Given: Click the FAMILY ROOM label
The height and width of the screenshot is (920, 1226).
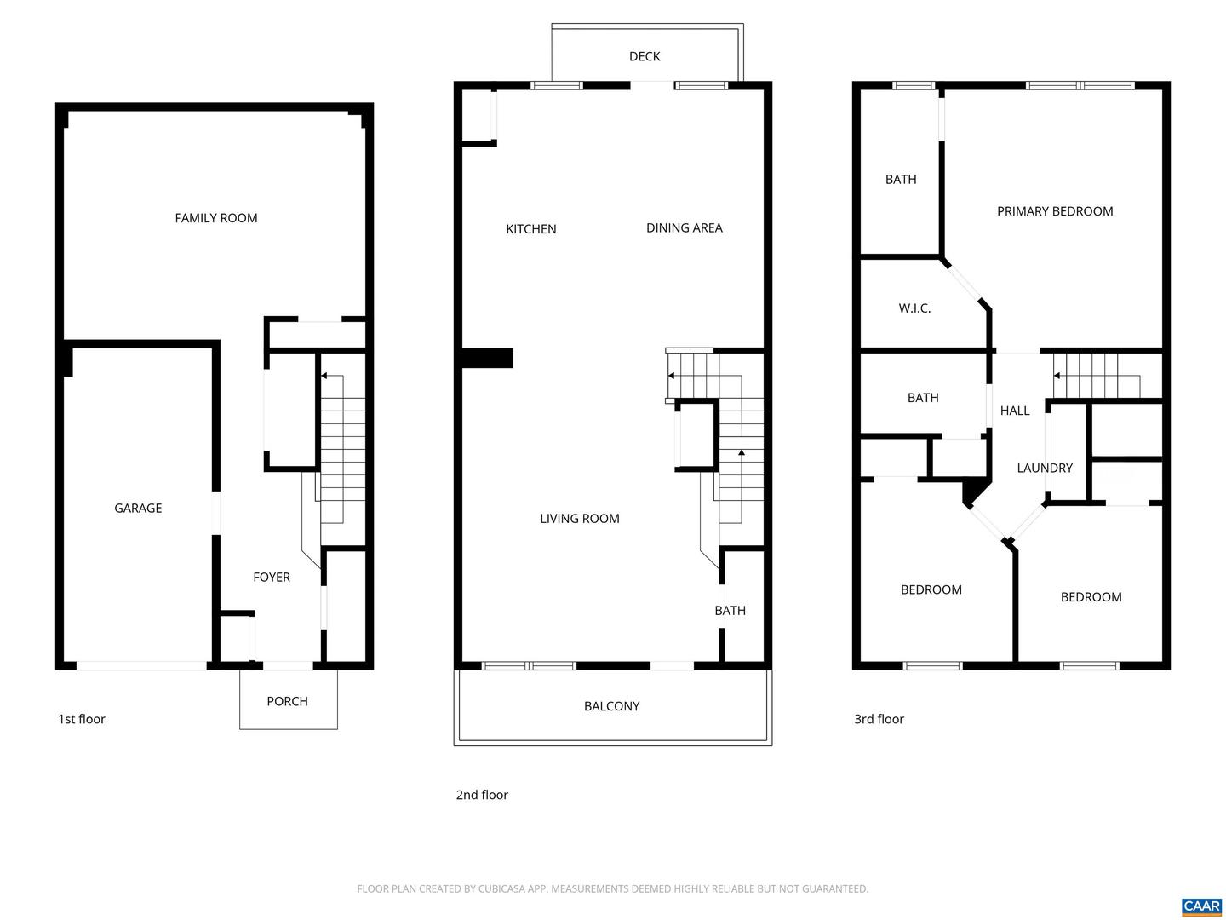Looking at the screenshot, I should point(216,218).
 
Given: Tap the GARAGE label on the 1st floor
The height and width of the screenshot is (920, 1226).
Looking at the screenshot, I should point(138,509).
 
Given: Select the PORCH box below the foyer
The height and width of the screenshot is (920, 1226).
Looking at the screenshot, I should point(288,701).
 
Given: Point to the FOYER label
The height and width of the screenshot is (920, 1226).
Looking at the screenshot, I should point(272,578).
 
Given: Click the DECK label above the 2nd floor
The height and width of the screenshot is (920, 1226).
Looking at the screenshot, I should point(645,56).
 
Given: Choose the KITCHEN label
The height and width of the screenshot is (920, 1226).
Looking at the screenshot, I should point(531,229).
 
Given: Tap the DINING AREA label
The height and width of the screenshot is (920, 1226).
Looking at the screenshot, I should point(684,228).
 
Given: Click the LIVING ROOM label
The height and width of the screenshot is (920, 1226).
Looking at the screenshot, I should point(580,519).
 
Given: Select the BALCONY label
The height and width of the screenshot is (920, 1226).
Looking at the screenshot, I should point(611,706).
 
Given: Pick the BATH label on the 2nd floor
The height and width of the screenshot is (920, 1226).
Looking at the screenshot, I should point(730,611).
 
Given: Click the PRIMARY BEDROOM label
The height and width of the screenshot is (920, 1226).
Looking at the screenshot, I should point(1055,211).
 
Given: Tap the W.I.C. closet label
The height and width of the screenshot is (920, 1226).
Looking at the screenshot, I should point(914,308).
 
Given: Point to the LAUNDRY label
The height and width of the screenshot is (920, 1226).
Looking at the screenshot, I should point(1045,468).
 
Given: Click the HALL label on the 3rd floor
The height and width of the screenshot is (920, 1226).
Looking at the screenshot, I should point(1015,411).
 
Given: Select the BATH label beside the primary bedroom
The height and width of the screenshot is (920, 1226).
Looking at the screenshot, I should point(901,180).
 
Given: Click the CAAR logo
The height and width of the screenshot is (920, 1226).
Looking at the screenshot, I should point(1201,906).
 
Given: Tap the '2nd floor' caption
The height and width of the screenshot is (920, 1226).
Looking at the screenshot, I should point(482,795).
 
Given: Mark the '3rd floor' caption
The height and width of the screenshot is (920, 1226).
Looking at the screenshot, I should point(879,719).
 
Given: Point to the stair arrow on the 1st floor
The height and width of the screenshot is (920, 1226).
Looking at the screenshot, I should point(324,376).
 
